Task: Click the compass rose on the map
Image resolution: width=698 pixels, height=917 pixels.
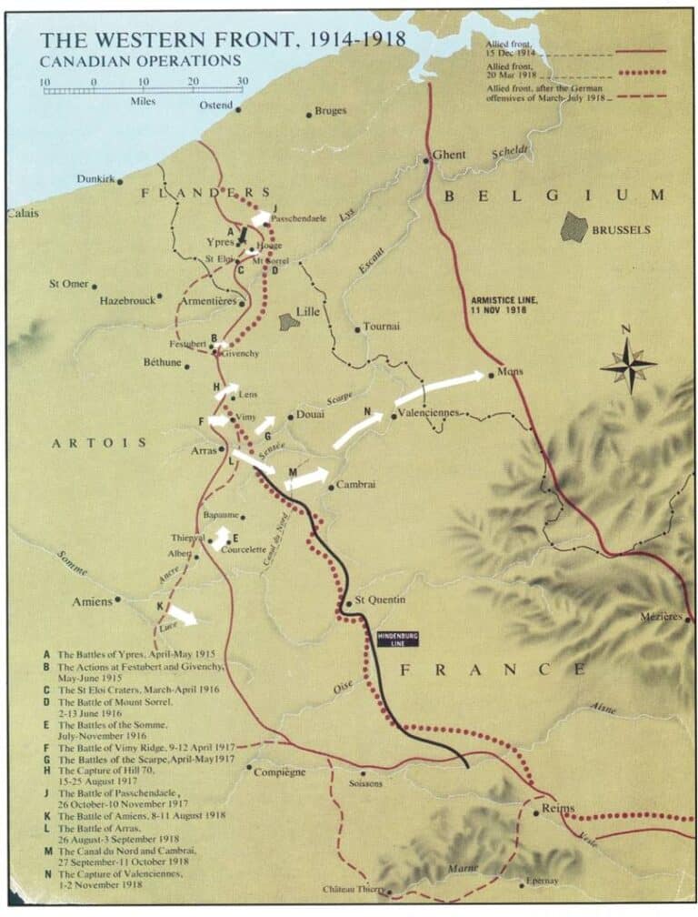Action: tap(628, 364)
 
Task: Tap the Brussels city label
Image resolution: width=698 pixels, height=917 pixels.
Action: tap(621, 230)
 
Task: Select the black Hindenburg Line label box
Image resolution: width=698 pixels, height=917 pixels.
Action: tap(397, 639)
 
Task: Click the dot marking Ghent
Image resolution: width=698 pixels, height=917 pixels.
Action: tap(426, 161)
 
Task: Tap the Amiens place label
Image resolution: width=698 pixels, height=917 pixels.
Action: tap(92, 602)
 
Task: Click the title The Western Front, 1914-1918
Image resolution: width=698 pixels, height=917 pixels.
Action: tap(222, 40)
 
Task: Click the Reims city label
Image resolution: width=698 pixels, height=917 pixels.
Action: tap(558, 808)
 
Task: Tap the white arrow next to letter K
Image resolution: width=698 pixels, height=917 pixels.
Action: tap(182, 616)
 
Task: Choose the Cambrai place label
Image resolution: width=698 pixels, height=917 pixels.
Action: tap(355, 485)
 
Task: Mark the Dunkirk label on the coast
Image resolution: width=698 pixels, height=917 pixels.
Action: tap(95, 180)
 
